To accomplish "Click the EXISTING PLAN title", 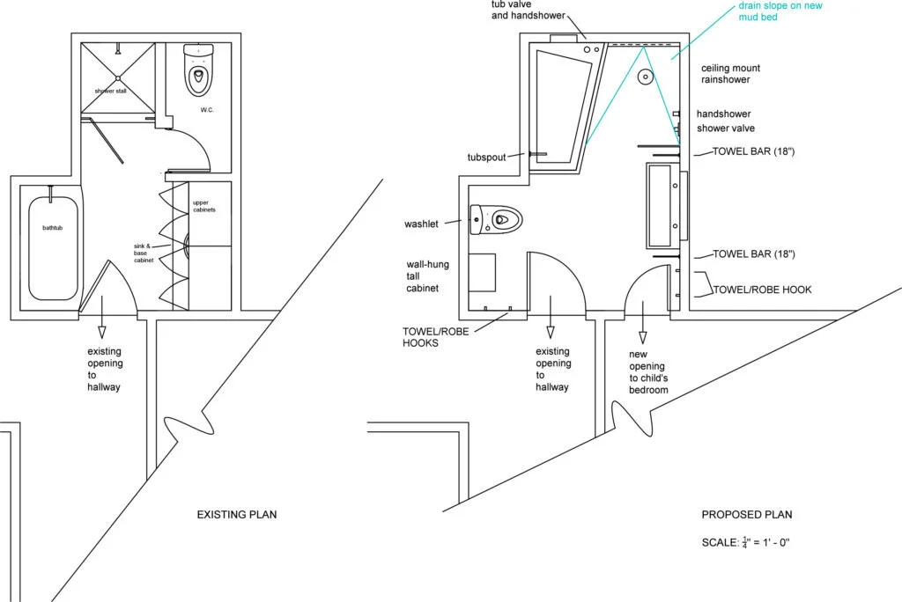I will coord(236,514).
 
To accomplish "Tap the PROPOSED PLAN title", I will coord(747,514).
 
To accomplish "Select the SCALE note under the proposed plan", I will coord(746,542).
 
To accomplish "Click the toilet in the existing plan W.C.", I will coord(200,70).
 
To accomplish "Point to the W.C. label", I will coord(207,110).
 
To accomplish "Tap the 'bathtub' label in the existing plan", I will coord(54,228).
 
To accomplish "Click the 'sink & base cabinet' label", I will coord(144,253).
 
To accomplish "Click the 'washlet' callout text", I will coord(421,224).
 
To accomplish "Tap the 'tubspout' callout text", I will coord(485,158).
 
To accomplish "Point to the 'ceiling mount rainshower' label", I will coord(730,74).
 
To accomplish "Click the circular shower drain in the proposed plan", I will coord(646,77).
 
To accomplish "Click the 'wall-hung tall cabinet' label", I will coord(424,275).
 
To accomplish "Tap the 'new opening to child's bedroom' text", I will coord(648,371).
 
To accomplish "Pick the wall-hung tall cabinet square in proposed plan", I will coord(483,272).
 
